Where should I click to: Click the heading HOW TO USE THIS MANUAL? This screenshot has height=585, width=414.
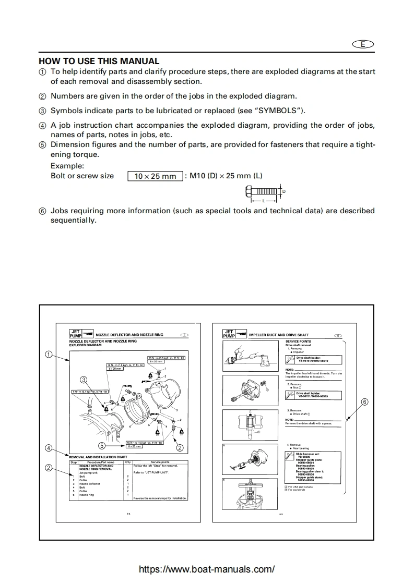(99, 61)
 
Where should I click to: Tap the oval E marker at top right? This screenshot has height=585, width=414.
(363, 45)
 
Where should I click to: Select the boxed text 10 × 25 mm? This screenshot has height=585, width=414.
(156, 176)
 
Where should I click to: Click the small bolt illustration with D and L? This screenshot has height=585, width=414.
(263, 194)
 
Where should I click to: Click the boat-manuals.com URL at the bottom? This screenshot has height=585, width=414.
(207, 569)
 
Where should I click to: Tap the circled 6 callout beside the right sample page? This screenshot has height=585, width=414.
(365, 401)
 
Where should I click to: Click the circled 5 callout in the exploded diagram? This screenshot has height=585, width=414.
(102, 446)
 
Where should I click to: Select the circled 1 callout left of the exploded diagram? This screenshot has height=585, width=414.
(48, 355)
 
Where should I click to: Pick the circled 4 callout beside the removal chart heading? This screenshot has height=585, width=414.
(48, 448)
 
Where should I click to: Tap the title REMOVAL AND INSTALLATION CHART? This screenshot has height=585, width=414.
(98, 457)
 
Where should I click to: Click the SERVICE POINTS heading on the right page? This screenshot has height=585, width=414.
(299, 342)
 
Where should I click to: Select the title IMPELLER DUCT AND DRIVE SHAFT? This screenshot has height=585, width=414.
(279, 335)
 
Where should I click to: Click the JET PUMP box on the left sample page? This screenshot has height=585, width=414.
(75, 334)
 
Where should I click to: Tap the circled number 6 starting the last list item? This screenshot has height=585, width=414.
(43, 211)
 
